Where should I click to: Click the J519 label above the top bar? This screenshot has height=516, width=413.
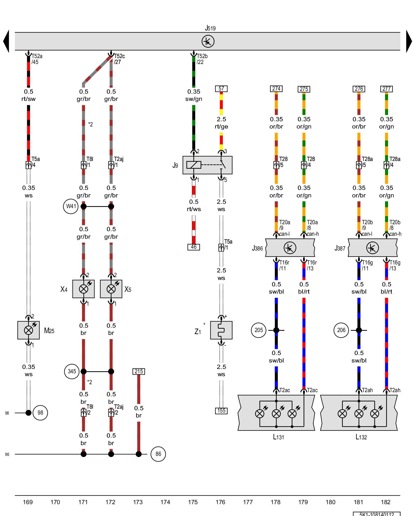(x=210, y=28)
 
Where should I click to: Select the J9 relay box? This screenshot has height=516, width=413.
(x=207, y=165)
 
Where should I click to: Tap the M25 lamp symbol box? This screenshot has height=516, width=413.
(x=28, y=330)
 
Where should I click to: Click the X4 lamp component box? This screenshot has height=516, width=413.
(x=83, y=289)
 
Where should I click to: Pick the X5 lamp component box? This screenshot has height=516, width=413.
(x=111, y=289)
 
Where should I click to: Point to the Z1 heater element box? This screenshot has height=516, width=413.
(x=221, y=330)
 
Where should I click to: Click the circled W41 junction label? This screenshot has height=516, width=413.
(x=71, y=206)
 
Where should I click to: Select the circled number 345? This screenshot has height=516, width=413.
(x=72, y=372)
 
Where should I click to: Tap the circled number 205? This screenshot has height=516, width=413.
(x=259, y=330)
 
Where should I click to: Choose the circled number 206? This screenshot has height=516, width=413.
(x=341, y=330)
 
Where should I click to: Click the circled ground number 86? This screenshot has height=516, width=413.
(x=158, y=454)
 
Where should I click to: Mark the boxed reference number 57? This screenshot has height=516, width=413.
(x=221, y=89)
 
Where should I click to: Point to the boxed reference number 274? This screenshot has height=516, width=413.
(x=276, y=88)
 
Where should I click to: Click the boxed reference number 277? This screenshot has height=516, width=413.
(x=386, y=89)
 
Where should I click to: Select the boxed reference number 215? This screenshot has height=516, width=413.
(x=139, y=372)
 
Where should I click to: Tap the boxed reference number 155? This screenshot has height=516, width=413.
(x=221, y=411)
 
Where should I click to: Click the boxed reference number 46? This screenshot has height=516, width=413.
(x=194, y=247)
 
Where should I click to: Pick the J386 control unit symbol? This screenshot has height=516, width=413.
(x=290, y=248)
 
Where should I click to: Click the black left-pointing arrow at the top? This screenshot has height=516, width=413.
(x=6, y=41)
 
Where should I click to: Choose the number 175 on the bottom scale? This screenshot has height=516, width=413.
(x=193, y=502)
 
